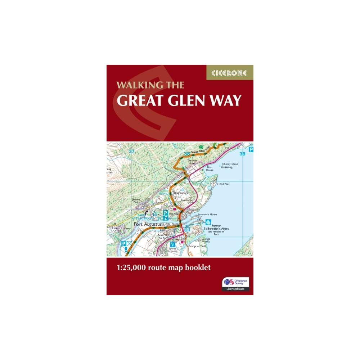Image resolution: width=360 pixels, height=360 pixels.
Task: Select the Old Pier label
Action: click(224, 184)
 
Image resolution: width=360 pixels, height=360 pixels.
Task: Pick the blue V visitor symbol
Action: click(173, 244)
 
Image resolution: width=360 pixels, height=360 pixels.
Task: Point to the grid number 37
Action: click(131, 151)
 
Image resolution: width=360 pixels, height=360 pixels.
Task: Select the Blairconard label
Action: click(181, 193)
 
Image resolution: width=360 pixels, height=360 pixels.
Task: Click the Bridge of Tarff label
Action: click(196, 247)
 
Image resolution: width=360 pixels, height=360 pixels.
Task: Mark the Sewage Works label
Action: click(206, 240)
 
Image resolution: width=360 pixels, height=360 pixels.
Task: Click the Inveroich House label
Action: click(208, 214)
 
